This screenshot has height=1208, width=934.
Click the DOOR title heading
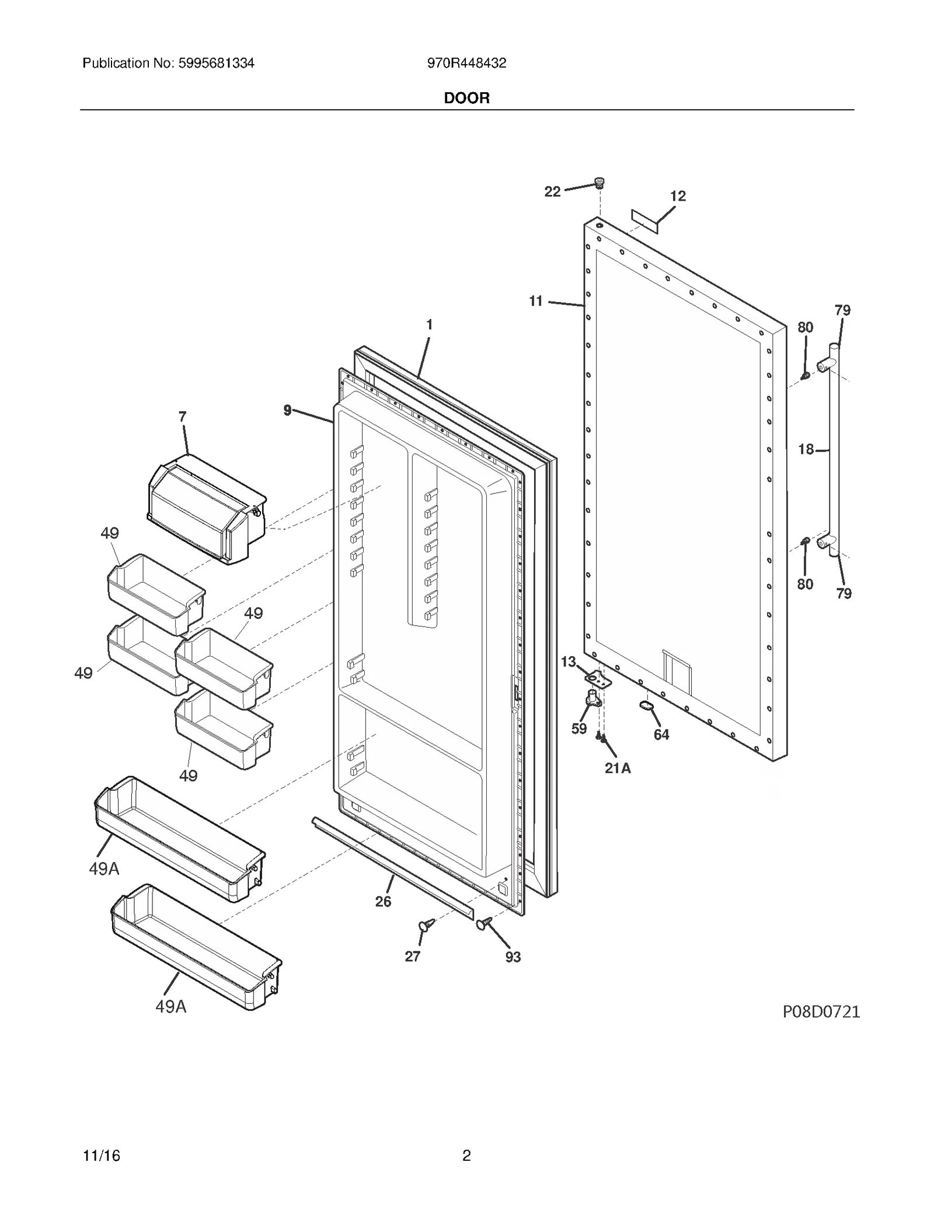[x=466, y=98]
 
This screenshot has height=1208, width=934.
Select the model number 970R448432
[x=466, y=63]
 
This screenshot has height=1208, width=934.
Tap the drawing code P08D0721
[x=821, y=1011]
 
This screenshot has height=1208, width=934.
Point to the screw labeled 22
[x=598, y=183]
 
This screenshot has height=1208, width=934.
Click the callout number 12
[x=677, y=196]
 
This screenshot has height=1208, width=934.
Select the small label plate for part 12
[x=644, y=222]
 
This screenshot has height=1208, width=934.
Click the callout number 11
[x=536, y=301]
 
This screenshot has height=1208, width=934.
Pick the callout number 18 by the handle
[x=806, y=449]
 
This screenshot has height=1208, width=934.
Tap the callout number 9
[x=287, y=410]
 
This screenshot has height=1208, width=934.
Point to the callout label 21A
[x=618, y=768]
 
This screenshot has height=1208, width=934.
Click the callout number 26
[x=383, y=901]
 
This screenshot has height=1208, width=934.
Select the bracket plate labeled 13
[x=598, y=679]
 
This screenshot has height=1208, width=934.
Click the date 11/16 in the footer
[x=102, y=1156]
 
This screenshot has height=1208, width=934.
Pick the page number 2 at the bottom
[x=466, y=1156]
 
